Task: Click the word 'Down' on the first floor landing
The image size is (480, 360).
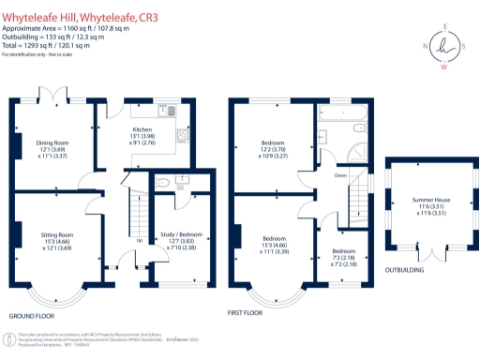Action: pos(340,175)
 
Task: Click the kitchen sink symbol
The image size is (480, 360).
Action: pos(174,111)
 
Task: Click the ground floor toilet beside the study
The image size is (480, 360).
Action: pos(163,183)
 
